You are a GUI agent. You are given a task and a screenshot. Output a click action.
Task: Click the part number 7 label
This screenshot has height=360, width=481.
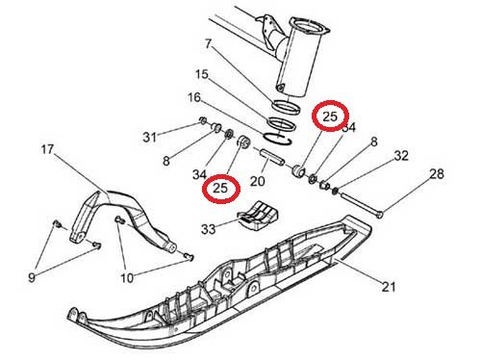pos(209,43)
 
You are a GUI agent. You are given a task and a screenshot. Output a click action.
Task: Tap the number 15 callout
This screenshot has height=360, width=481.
pos(202,74)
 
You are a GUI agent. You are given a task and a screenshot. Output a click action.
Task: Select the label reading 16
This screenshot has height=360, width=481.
pos(194,97)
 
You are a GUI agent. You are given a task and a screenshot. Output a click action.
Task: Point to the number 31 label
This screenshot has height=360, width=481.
pos(149,138)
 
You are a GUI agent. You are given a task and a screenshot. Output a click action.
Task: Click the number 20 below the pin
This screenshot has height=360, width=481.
pos(258,181)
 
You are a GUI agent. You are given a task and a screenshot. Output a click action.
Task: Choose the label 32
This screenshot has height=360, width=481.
pos(401,156)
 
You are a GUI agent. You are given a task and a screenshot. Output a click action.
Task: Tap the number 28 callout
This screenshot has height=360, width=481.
pos(437,174)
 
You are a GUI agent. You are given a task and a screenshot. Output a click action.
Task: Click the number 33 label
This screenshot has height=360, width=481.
pos(209,229)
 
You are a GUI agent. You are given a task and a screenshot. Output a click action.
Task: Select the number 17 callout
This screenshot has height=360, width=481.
pos(47,149)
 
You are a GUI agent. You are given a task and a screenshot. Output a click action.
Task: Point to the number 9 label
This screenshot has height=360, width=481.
pos(32,277)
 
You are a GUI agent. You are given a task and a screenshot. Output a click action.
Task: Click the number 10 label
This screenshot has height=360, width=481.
pos(127,278)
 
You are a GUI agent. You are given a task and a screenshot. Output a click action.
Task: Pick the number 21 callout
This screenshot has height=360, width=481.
pos(389,286)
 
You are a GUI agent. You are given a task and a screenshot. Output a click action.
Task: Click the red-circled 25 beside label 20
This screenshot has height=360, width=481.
pos(221,189)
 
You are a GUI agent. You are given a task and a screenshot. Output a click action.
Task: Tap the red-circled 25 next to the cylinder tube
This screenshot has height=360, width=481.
pos(331,116)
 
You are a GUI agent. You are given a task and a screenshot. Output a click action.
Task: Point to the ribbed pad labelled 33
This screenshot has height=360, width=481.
pos(258,216)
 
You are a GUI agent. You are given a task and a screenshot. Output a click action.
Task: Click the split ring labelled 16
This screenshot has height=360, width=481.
pos(277,139)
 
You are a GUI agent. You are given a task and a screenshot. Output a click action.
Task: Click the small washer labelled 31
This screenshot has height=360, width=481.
pos(203,120)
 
